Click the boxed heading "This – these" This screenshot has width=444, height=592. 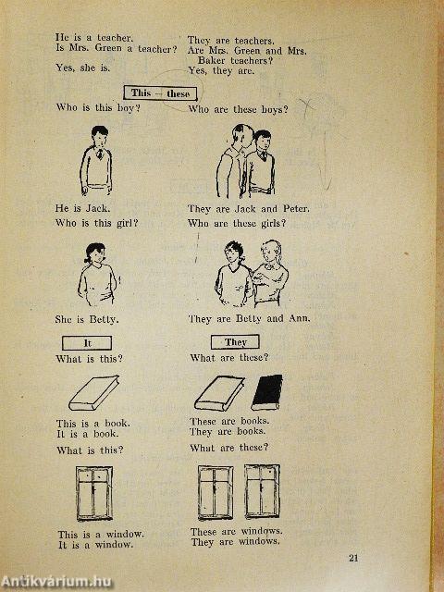pyautogui.click(x=160, y=93)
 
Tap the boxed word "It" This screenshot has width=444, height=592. pyautogui.click(x=87, y=343)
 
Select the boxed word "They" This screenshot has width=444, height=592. pyautogui.click(x=235, y=342)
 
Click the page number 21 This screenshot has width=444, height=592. pyautogui.click(x=353, y=558)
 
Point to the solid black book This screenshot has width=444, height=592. pyautogui.click(x=267, y=392)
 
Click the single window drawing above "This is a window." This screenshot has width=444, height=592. pyautogui.click(x=94, y=493)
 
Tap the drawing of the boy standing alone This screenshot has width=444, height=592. pyautogui.click(x=96, y=160)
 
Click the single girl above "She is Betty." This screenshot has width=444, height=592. pyautogui.click(x=97, y=275)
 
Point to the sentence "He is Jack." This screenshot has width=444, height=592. pyautogui.click(x=82, y=208)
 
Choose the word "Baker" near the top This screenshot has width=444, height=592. pyautogui.click(x=212, y=60)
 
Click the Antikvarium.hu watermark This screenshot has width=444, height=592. pyautogui.click(x=55, y=582)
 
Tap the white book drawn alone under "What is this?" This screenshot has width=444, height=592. pyautogui.click(x=93, y=392)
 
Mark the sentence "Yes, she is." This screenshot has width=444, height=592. pyautogui.click(x=82, y=68)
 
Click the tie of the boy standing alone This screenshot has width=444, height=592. pyautogui.click(x=100, y=153)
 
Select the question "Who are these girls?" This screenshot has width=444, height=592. pyautogui.click(x=237, y=224)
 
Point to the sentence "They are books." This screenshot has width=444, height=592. pyautogui.click(x=228, y=431)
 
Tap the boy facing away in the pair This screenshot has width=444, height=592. pyautogui.click(x=231, y=161)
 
